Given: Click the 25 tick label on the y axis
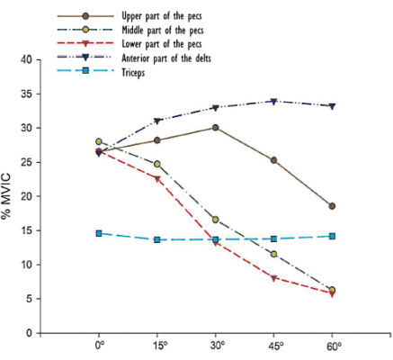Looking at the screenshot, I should [37, 162].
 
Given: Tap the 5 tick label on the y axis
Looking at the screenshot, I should [40, 299].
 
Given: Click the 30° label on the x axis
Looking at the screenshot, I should [216, 346].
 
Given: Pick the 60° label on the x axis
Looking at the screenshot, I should [333, 346].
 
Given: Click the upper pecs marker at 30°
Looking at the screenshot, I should [216, 127].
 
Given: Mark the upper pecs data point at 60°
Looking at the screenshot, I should [333, 206].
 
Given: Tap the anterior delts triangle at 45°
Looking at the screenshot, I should [274, 101].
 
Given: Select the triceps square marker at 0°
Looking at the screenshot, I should [99, 233].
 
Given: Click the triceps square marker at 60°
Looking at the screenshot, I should [333, 236].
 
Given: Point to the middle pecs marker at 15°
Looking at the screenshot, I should [157, 164].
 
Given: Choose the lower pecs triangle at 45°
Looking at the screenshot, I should [274, 278].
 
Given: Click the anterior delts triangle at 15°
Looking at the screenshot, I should [157, 121].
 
